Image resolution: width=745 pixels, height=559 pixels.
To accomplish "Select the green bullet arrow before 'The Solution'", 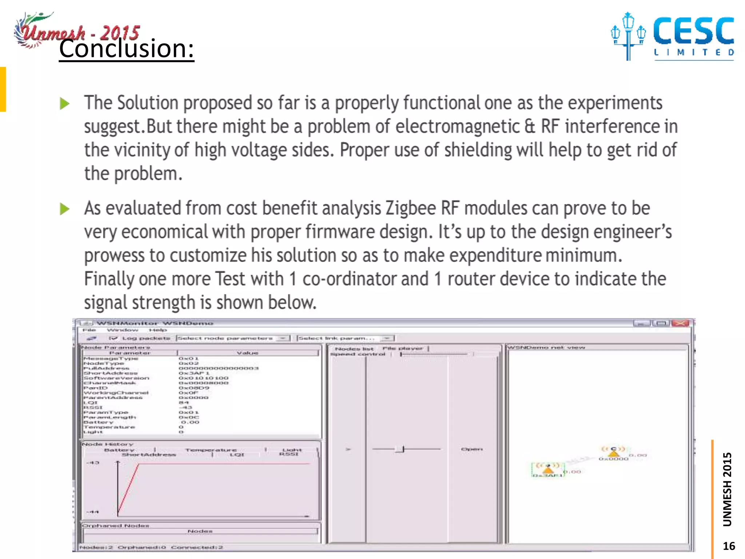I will pos(65,104).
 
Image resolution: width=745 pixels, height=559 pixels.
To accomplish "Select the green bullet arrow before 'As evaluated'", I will pos(65,209).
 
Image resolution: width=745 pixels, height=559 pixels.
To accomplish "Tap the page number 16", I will pos(729,546).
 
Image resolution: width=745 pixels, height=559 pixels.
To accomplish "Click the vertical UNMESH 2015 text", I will pos(727,489).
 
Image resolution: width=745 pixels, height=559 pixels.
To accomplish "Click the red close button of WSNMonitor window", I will pos(680,323).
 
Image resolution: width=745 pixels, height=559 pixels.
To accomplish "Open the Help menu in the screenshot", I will pos(158,330).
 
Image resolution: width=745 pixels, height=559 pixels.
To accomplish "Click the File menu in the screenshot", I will pos(89,330).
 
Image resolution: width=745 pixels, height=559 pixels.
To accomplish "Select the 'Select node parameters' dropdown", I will pos(233,338).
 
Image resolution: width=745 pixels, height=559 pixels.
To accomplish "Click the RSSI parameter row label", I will pos(93,408).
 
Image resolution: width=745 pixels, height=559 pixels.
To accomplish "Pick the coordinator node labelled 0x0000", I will pos(614,453).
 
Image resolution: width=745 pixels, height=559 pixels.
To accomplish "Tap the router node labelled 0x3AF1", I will pos(548,470).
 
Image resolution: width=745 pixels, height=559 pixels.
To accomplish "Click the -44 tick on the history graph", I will pos(93,512).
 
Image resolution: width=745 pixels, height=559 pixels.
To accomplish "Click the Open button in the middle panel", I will pos(472,449).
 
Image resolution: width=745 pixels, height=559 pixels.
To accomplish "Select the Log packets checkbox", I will pos(113,338).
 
